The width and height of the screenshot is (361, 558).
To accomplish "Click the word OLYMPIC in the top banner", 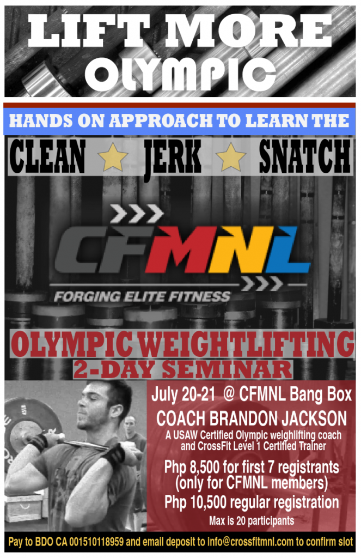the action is point(180,74).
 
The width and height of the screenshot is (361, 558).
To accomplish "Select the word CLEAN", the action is point(47,156).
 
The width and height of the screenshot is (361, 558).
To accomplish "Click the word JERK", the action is point(172,157).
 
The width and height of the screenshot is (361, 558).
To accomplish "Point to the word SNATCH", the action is point(304,156).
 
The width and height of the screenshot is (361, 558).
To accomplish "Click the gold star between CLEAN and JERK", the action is point(113,157).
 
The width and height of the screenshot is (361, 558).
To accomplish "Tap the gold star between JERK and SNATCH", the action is point(231,157).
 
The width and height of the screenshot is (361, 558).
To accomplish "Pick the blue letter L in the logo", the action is point(287,249).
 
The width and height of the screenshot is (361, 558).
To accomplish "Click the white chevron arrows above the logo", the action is point(137,213).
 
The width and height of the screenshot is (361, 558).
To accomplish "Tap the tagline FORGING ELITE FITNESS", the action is point(142,296).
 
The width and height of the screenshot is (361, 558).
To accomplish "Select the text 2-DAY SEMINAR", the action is point(183,369).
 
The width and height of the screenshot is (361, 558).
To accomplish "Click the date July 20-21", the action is point(183,395).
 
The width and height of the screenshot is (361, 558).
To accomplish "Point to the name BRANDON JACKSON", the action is point(278,418).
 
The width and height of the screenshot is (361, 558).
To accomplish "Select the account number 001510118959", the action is point(96,542).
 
